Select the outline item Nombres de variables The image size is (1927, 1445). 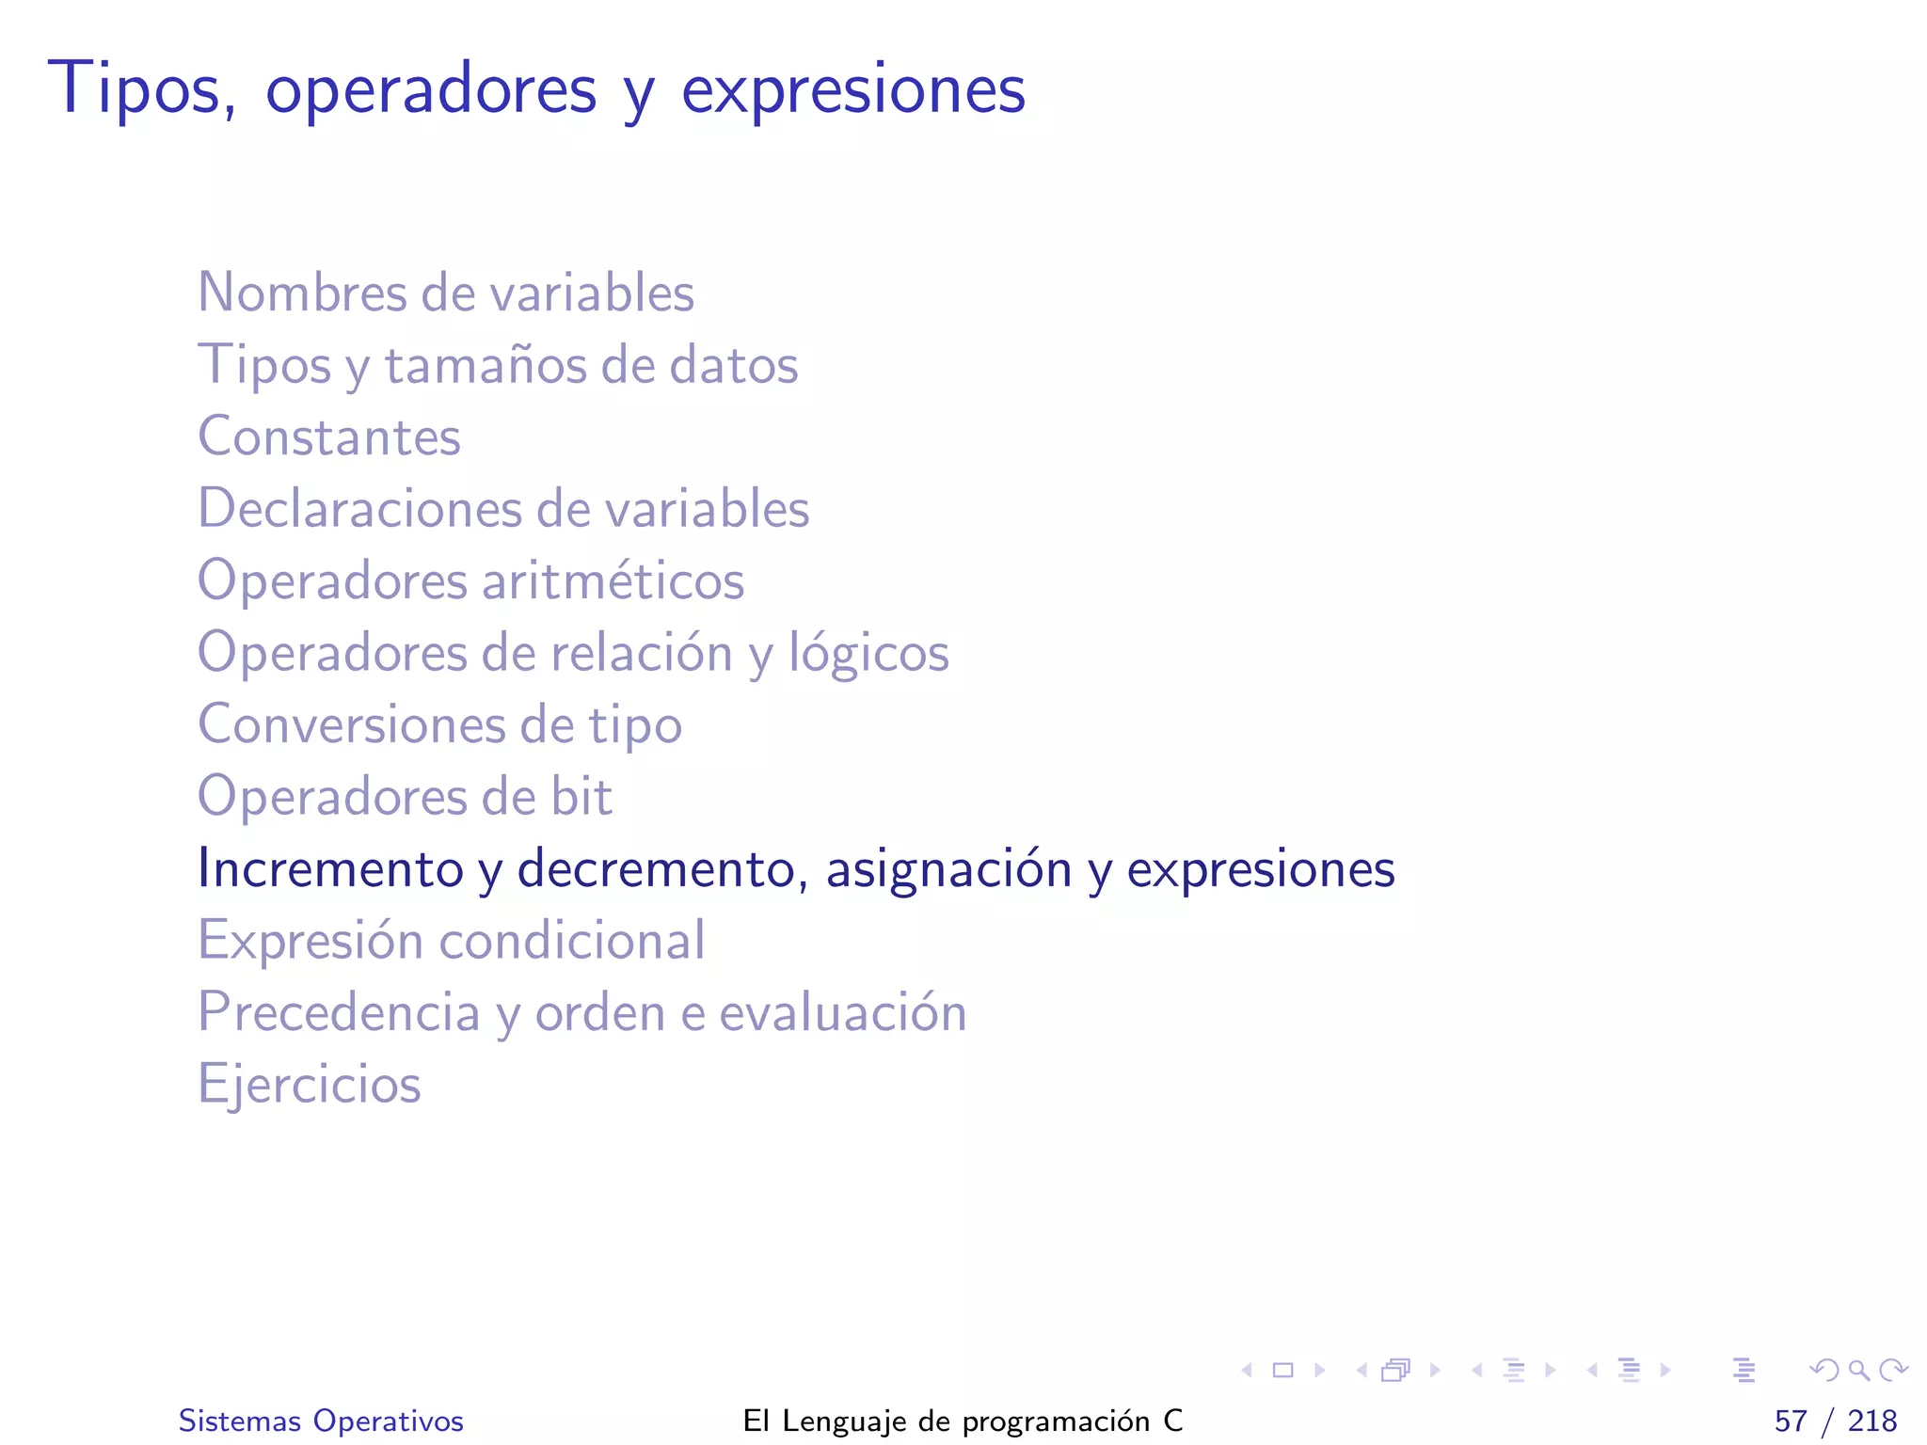(x=446, y=293)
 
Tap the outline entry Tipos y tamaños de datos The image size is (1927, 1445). (x=498, y=365)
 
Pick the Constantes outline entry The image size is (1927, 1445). (x=329, y=437)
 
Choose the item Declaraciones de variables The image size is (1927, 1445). (x=503, y=509)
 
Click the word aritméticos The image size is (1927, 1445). (x=613, y=580)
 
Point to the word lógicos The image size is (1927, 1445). (x=868, y=653)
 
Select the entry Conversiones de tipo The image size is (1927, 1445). (x=439, y=724)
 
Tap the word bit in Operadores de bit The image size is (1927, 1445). (x=581, y=797)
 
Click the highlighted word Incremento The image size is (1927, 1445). (x=330, y=868)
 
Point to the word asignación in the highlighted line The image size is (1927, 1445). (x=948, y=868)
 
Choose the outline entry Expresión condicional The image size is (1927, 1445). (x=451, y=941)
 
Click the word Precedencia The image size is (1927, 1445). (x=339, y=1012)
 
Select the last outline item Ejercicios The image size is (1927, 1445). (x=309, y=1085)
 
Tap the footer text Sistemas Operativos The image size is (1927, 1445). (x=321, y=1421)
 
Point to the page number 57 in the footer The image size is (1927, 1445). (x=1791, y=1421)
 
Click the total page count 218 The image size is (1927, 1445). (x=1872, y=1421)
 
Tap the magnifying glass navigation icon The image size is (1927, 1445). (x=1858, y=1370)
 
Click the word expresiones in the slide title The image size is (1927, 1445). (x=852, y=91)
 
